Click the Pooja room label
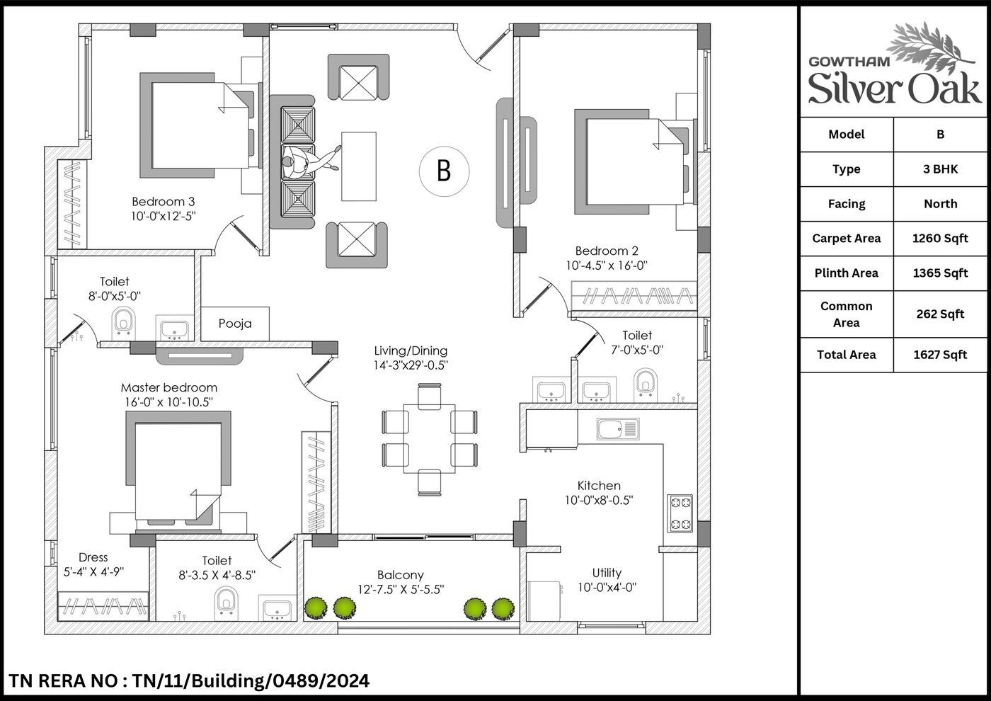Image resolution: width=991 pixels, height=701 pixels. click(x=235, y=324)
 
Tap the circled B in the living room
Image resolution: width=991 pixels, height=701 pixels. click(x=445, y=171)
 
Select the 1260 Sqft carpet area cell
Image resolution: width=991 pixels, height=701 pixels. click(x=940, y=239)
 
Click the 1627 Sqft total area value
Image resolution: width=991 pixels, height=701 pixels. click(x=940, y=355)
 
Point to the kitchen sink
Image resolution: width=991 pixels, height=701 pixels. click(x=617, y=429)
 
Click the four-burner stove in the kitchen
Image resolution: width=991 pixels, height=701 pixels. click(x=680, y=513)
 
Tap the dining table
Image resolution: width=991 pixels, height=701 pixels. click(x=429, y=438)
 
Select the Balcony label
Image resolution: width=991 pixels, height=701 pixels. click(x=401, y=575)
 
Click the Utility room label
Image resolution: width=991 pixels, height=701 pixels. click(x=607, y=573)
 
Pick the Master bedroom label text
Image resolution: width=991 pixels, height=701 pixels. click(x=169, y=388)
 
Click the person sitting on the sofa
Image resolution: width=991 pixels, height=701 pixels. click(x=310, y=161)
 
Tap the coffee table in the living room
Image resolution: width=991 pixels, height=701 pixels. click(x=359, y=166)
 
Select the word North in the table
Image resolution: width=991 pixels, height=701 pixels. click(x=940, y=204)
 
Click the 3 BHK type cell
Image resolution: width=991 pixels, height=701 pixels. click(x=940, y=169)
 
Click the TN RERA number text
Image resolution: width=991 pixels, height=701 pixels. click(x=189, y=680)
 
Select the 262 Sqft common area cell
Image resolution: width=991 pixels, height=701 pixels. click(x=940, y=314)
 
